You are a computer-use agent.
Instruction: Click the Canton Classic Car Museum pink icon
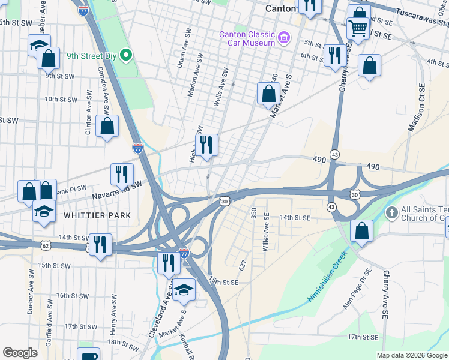click(x=285, y=38)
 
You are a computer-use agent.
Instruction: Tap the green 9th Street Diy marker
click(x=126, y=56)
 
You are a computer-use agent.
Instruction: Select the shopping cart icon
click(x=358, y=28)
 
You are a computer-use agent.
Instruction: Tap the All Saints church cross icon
click(x=391, y=212)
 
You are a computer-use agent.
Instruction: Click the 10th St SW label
click(x=59, y=99)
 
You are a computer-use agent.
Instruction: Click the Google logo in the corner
click(x=20, y=353)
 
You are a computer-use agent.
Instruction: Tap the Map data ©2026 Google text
click(x=411, y=355)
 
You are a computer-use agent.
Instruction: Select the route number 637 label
click(x=243, y=265)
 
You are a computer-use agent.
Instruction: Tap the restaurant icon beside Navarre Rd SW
click(x=122, y=174)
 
